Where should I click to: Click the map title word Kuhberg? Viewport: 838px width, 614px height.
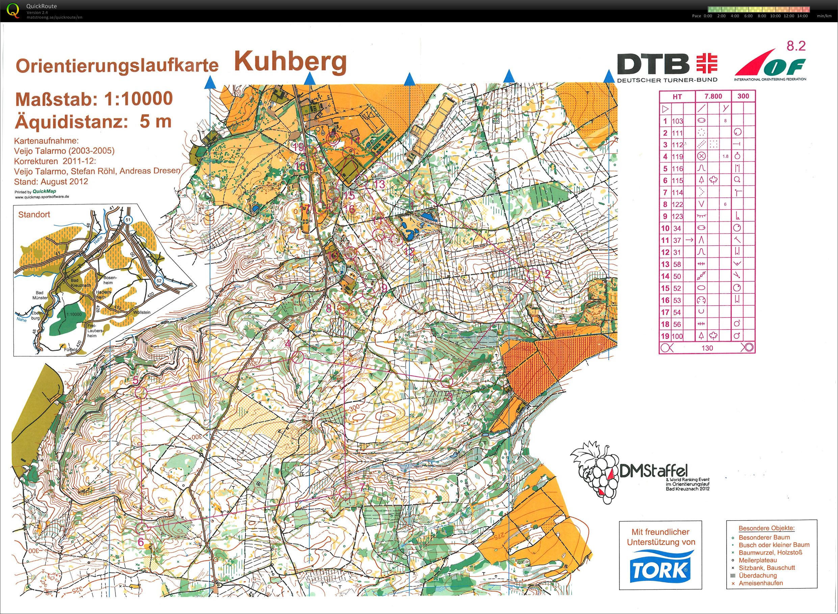tap(290, 62)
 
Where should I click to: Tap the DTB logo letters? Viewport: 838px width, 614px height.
tap(653, 64)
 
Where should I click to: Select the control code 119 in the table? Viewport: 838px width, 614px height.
tap(677, 157)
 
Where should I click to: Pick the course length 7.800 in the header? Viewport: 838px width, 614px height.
tap(713, 96)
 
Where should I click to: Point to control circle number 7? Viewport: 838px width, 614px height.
tap(345, 493)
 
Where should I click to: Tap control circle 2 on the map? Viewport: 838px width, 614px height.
tap(534, 275)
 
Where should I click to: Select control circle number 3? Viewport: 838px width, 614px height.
tap(447, 381)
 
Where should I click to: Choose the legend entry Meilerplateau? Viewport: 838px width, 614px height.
tap(758, 560)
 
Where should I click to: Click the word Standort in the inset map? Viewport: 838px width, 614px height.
tap(34, 215)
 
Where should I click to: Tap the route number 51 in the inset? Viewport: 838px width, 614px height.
tap(128, 219)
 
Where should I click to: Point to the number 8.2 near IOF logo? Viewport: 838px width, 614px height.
tap(796, 46)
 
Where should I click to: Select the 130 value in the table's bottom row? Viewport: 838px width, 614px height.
tap(707, 348)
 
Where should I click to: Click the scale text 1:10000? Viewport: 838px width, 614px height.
tap(138, 99)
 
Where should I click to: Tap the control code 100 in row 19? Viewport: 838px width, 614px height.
tap(677, 336)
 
